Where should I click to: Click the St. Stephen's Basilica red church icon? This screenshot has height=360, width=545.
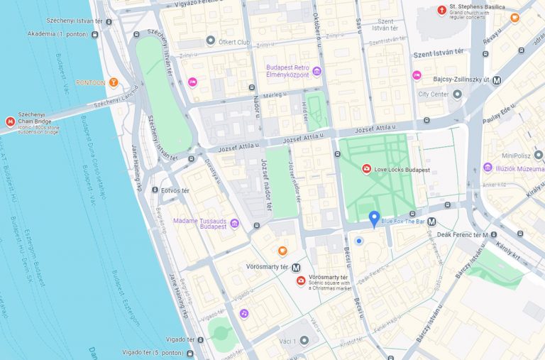click(x=442, y=10)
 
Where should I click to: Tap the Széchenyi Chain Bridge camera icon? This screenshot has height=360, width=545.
click(x=10, y=122)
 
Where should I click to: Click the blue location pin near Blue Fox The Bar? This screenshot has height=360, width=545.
click(x=374, y=219)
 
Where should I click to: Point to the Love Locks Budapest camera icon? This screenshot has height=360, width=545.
click(x=366, y=170)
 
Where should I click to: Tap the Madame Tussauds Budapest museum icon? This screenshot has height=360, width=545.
click(x=235, y=224)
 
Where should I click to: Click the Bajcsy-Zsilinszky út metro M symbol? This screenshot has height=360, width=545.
click(x=497, y=80)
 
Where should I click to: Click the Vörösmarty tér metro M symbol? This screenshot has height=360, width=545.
click(x=296, y=268)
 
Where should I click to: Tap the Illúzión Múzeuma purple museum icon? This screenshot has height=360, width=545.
click(x=488, y=168)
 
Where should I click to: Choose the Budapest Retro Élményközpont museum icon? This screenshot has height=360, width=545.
click(x=316, y=72)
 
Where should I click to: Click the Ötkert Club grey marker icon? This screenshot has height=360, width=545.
click(x=210, y=41)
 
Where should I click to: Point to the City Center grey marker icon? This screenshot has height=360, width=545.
click(x=456, y=94)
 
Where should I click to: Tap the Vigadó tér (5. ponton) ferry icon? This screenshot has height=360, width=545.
click(x=189, y=353)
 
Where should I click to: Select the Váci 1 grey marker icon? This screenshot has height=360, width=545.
click(x=304, y=341)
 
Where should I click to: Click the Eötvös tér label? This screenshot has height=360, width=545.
click(x=175, y=191)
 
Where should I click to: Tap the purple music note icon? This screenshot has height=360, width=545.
click(x=244, y=314)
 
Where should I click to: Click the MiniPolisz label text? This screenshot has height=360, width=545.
click(x=517, y=156)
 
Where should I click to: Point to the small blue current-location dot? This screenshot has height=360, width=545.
click(x=359, y=241)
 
